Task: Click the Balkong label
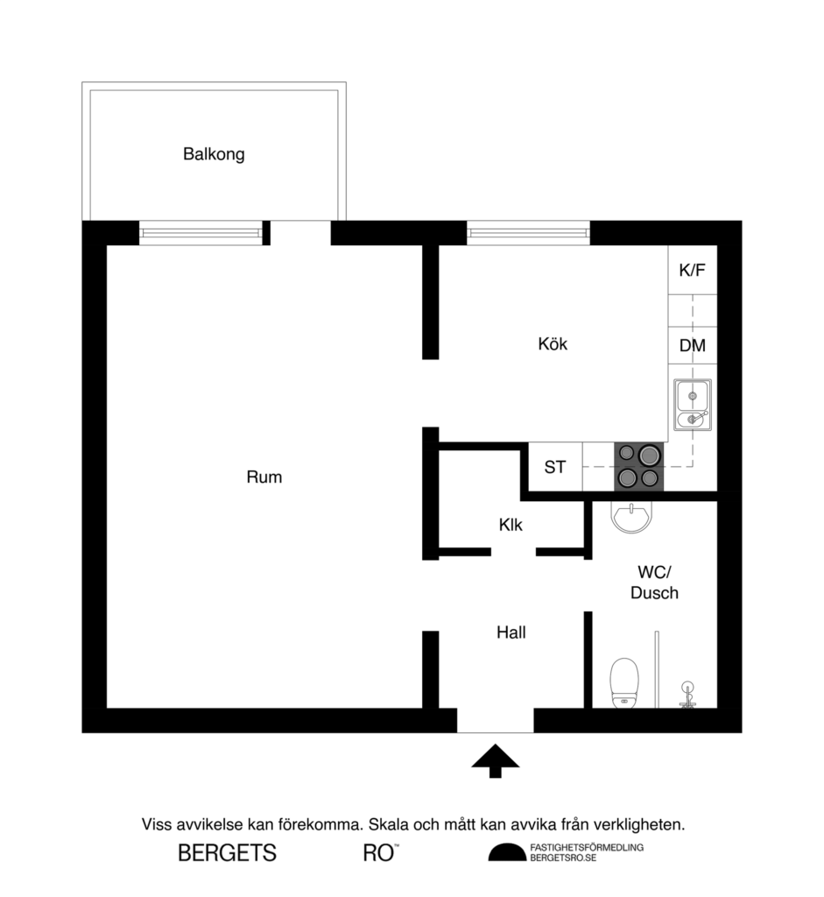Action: click(x=214, y=154)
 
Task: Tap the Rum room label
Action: click(x=264, y=477)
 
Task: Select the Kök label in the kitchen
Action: click(x=553, y=344)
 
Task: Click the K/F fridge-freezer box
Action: click(x=692, y=271)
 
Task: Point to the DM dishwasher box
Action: click(x=692, y=345)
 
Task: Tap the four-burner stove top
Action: click(x=638, y=466)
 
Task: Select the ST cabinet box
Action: click(x=555, y=467)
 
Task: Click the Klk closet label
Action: click(x=511, y=526)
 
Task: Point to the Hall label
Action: click(x=511, y=632)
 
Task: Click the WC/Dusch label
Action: click(x=654, y=583)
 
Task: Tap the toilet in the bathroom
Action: click(x=623, y=682)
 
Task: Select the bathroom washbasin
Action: click(x=631, y=518)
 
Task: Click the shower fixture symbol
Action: click(x=688, y=694)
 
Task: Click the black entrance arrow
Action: click(x=496, y=760)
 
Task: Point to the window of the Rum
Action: click(x=201, y=233)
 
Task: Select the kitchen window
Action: click(x=528, y=233)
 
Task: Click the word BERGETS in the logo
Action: click(x=227, y=852)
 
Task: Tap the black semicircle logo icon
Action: click(x=507, y=852)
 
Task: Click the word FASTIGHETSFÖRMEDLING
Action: click(x=587, y=847)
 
